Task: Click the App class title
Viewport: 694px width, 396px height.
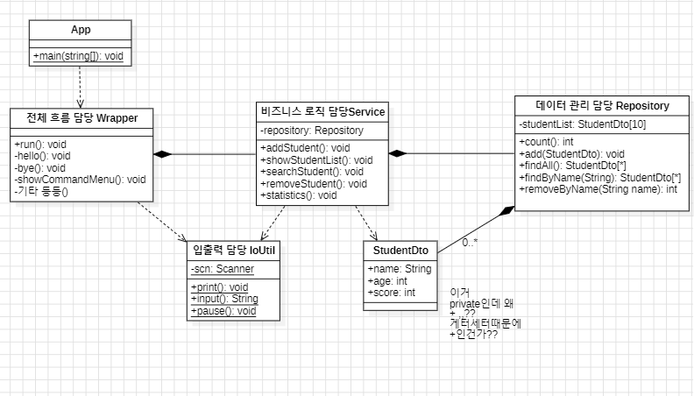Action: click(x=81, y=30)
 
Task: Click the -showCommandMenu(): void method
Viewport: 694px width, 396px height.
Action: click(x=80, y=180)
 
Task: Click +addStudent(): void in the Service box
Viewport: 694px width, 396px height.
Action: click(x=305, y=148)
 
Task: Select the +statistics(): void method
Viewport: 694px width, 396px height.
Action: click(x=299, y=195)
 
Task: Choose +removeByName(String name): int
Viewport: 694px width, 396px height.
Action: click(x=598, y=188)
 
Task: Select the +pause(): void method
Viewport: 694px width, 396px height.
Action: click(x=223, y=311)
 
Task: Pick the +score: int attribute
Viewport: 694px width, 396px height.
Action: click(x=392, y=293)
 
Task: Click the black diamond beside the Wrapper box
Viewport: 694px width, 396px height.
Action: click(x=162, y=154)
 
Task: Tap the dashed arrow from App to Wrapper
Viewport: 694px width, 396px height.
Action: click(x=80, y=87)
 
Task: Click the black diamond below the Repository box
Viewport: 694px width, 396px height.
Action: click(x=506, y=212)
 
